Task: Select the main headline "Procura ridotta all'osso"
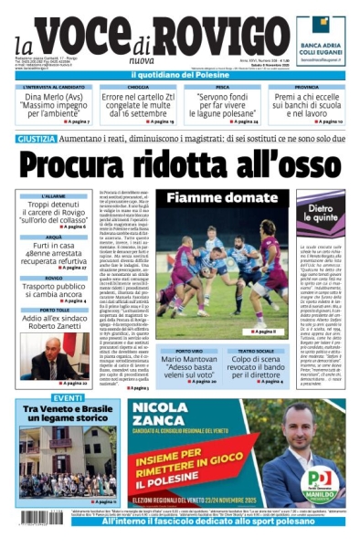(x=180, y=164)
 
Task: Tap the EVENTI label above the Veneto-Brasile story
(x=43, y=399)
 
